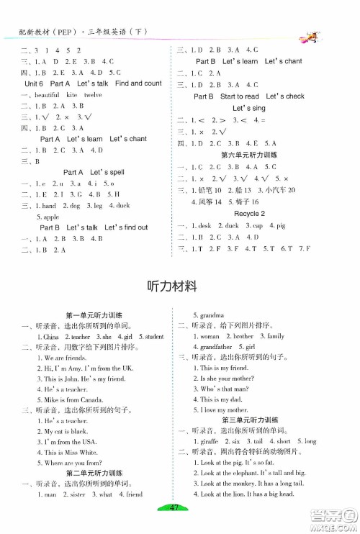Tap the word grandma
208,314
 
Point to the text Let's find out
126,227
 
